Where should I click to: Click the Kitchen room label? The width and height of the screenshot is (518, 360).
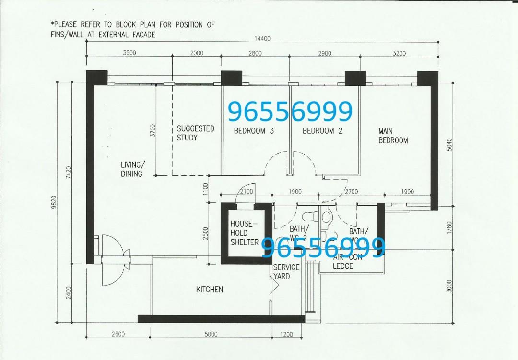[x=209, y=290]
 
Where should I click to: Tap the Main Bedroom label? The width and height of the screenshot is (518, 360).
[x=393, y=136]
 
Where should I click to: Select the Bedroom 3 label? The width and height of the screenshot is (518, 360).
[x=254, y=131]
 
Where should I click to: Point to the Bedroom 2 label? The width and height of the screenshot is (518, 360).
[x=322, y=131]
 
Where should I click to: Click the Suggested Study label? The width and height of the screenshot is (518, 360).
[x=195, y=133]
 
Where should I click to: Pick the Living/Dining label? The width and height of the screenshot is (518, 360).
[x=132, y=169]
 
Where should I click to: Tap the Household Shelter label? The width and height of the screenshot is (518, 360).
[x=244, y=233]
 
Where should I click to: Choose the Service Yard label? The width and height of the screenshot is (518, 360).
[x=286, y=271]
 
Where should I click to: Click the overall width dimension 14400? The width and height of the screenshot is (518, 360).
[x=262, y=39]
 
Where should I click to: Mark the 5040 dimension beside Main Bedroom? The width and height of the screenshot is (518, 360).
[x=449, y=144]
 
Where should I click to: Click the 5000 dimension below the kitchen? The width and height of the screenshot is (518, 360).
[x=211, y=335]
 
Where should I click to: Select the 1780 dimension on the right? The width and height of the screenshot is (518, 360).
[x=449, y=227]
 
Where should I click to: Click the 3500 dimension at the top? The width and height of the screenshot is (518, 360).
[x=129, y=53]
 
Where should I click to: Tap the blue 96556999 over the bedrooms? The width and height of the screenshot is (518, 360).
[x=290, y=112]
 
